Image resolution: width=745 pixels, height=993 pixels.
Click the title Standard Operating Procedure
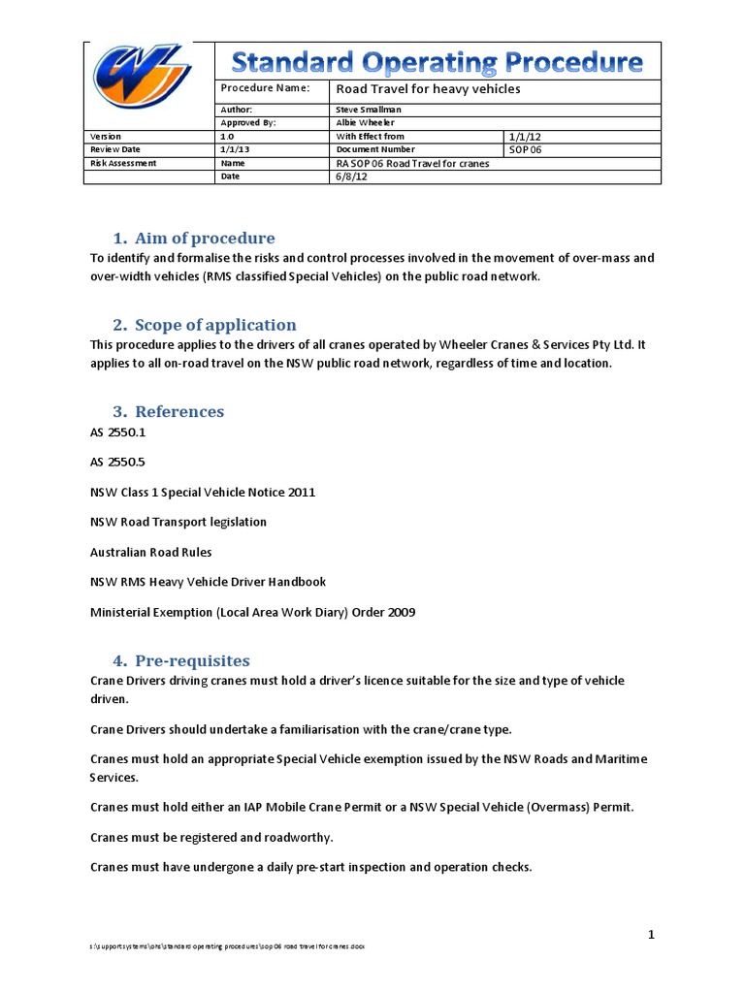(x=437, y=63)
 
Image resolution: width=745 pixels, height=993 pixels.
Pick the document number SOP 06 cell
(x=529, y=150)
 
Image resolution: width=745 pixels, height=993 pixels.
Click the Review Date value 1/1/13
(x=235, y=150)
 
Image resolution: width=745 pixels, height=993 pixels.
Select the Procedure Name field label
(x=265, y=88)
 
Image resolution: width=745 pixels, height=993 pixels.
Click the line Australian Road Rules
(x=150, y=552)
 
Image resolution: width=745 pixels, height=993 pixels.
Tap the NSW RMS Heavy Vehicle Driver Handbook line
(x=208, y=582)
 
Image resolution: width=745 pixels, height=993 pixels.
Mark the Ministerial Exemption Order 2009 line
(x=252, y=612)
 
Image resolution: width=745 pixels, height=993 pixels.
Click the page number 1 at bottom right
(x=652, y=934)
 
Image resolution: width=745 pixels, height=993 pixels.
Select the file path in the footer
(x=228, y=945)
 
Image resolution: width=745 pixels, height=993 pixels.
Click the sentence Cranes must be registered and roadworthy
(x=211, y=837)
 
